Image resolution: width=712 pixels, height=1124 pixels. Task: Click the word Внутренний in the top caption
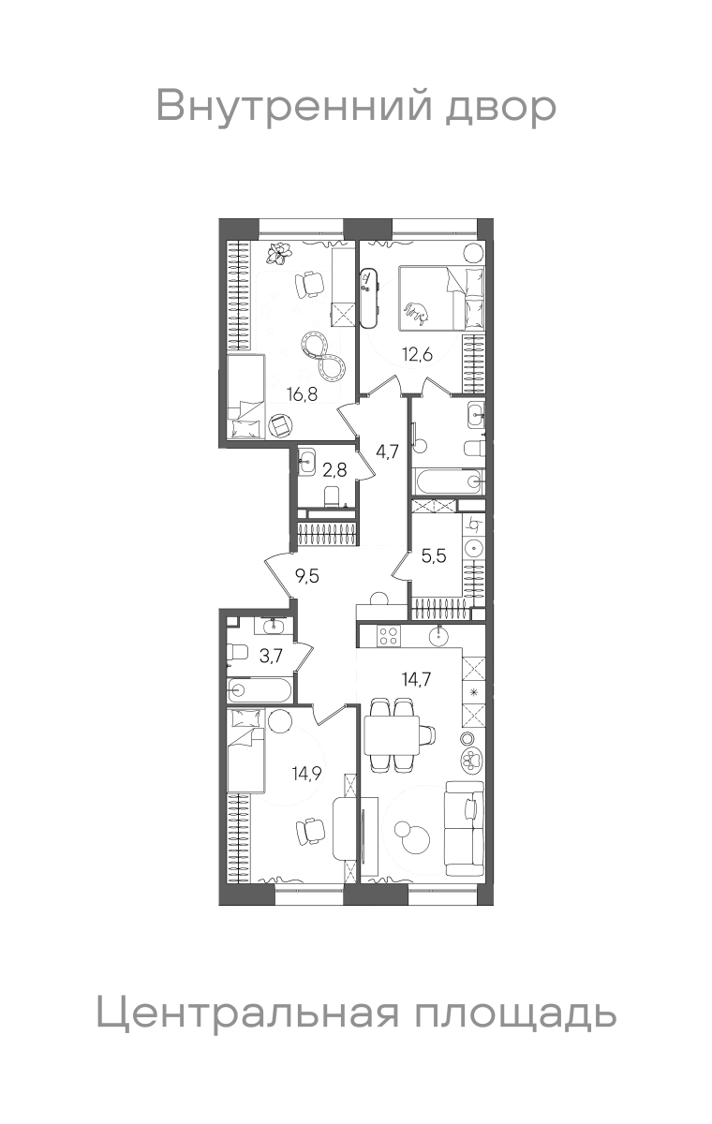click(294, 106)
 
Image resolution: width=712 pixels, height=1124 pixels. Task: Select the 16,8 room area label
click(302, 394)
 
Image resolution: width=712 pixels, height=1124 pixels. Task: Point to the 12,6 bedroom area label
click(417, 355)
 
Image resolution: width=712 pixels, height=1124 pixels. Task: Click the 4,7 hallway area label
click(387, 452)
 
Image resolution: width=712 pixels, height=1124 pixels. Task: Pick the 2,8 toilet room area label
click(334, 471)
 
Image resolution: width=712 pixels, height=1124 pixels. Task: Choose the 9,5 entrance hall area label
click(307, 576)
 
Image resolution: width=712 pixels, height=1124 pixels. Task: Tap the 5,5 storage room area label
click(434, 556)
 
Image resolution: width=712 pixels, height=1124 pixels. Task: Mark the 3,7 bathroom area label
click(271, 656)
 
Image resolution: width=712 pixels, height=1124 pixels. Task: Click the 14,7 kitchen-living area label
click(416, 679)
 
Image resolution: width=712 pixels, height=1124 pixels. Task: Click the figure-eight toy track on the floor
click(323, 357)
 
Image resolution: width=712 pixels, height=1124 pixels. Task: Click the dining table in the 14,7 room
click(393, 735)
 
